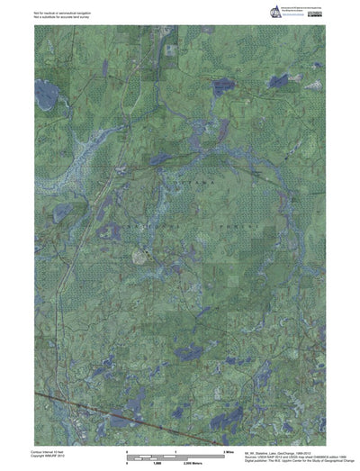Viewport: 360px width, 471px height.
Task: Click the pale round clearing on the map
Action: pyautogui.click(x=139, y=256)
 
